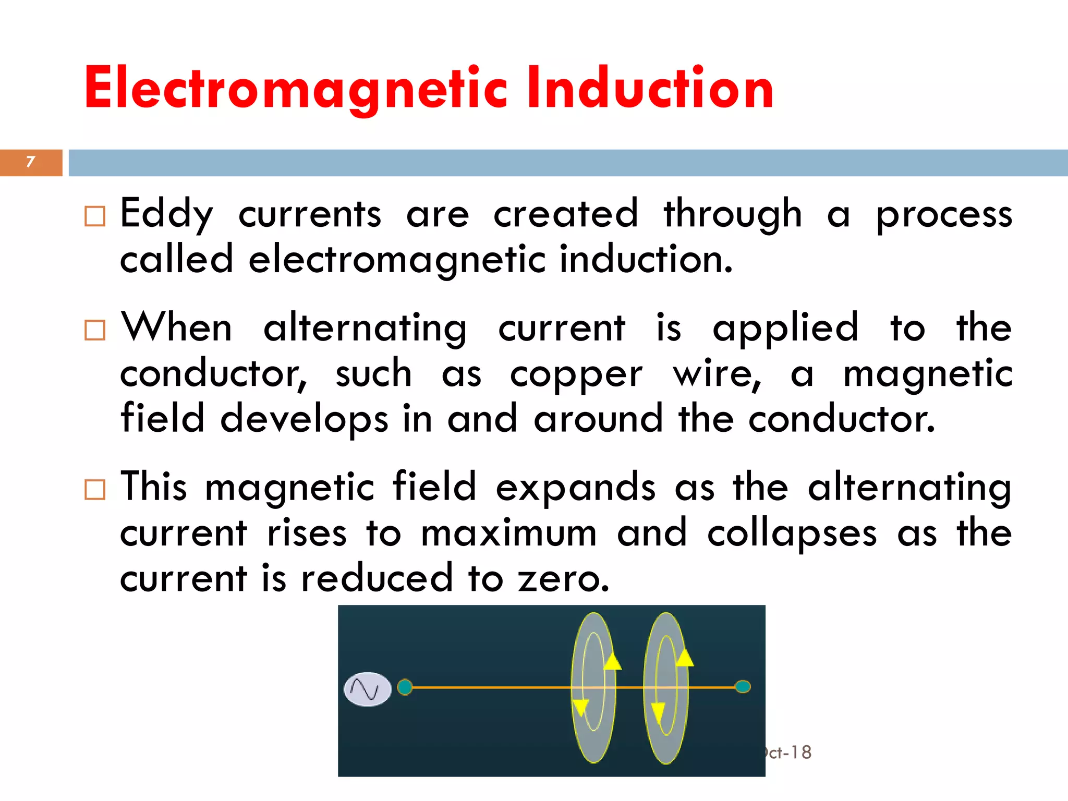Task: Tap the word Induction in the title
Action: pyautogui.click(x=650, y=89)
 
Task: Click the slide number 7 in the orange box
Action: pyautogui.click(x=30, y=162)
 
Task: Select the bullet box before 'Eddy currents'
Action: pyautogui.click(x=95, y=216)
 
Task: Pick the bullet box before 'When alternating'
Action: pyautogui.click(x=95, y=330)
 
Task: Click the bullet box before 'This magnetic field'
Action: pyautogui.click(x=95, y=490)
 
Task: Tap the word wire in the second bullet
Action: pyautogui.click(x=717, y=374)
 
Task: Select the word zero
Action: pyautogui.click(x=563, y=579)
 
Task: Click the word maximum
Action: pyautogui.click(x=508, y=534)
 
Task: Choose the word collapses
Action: pyautogui.click(x=792, y=534)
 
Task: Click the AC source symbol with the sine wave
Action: pyautogui.click(x=368, y=689)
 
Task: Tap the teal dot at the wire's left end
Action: pyautogui.click(x=405, y=687)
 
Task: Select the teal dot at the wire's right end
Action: pyautogui.click(x=743, y=687)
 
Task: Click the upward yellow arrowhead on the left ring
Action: pyautogui.click(x=613, y=661)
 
